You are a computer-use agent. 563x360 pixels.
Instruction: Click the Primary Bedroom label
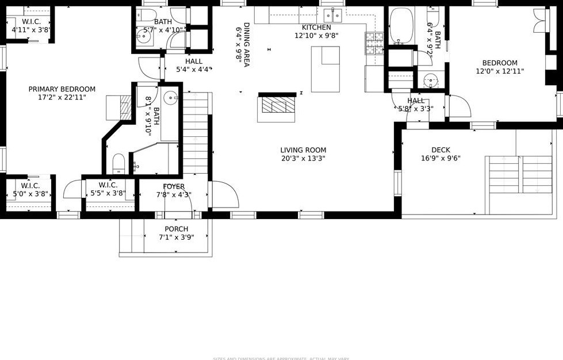pyautogui.click(x=62, y=89)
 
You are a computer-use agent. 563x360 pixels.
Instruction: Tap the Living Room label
pyautogui.click(x=303, y=150)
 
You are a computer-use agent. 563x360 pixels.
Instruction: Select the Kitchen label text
pyautogui.click(x=316, y=28)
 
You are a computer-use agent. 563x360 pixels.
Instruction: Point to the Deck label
pyautogui.click(x=441, y=150)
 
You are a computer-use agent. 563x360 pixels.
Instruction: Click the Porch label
pyautogui.click(x=176, y=229)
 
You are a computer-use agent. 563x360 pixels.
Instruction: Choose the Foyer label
pyautogui.click(x=174, y=186)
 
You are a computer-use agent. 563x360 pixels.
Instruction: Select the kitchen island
pyautogui.click(x=325, y=69)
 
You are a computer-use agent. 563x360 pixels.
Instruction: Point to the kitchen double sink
pyautogui.click(x=332, y=14)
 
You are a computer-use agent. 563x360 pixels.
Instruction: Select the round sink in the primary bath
pyautogui.click(x=170, y=98)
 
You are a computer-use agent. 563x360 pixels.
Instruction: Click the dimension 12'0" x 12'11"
pyautogui.click(x=500, y=71)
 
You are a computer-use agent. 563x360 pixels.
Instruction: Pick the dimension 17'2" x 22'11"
pyautogui.click(x=62, y=97)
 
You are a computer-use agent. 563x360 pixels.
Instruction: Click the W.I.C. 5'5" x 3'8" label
pyautogui.click(x=108, y=185)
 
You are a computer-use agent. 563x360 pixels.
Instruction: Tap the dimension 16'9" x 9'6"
pyautogui.click(x=441, y=158)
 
